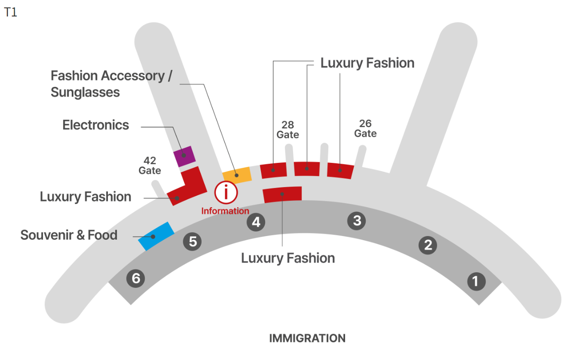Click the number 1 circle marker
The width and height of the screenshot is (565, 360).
(475, 281)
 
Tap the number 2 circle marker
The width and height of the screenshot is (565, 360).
(428, 245)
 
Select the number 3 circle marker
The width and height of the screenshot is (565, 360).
(357, 221)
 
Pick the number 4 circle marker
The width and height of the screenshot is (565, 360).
(256, 222)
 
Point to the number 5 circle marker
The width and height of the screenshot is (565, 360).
(193, 241)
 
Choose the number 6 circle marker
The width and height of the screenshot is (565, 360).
(136, 278)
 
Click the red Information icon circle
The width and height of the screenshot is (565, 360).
(226, 193)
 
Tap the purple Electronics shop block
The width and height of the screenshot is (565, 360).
(185, 156)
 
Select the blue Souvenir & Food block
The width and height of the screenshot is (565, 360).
(156, 236)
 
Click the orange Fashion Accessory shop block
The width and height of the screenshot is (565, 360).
(237, 175)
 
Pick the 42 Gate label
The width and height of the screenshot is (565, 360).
(150, 166)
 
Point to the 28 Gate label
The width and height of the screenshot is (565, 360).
(288, 130)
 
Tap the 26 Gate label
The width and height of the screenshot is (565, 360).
(365, 129)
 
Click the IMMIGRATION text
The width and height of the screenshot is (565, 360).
(307, 339)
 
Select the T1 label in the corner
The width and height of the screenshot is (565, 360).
(10, 12)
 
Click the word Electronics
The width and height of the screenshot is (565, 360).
(96, 125)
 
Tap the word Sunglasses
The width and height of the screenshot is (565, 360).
(85, 92)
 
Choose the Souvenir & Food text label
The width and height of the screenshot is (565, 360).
(69, 235)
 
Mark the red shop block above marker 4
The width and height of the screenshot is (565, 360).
(282, 194)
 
